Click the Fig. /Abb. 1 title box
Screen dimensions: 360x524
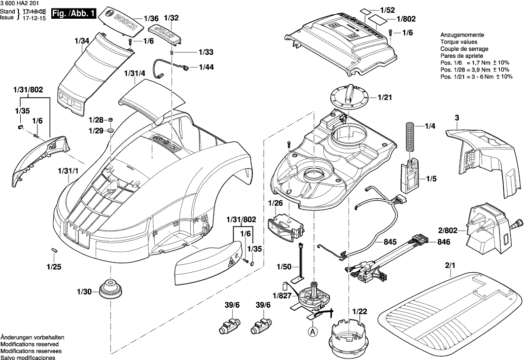click(x=73, y=14)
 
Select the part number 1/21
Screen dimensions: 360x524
click(x=384, y=98)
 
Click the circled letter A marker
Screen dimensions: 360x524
click(x=313, y=332)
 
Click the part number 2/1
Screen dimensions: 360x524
click(x=450, y=265)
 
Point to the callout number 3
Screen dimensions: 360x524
click(x=457, y=117)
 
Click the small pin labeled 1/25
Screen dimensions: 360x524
click(x=54, y=251)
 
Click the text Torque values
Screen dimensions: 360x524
click(x=457, y=42)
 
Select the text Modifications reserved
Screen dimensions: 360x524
click(x=30, y=344)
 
